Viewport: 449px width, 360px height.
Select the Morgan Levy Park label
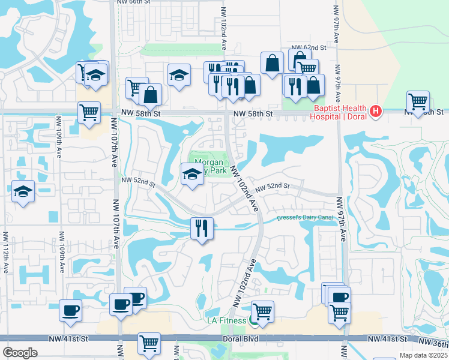tap(208, 166)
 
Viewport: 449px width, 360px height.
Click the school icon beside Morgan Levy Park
tap(191, 175)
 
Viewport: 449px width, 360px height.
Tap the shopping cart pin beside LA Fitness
tap(262, 311)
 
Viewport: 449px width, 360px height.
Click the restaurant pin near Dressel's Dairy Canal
tap(200, 228)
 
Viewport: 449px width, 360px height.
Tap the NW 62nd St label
tap(309, 47)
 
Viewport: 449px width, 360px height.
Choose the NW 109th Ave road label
tap(60, 143)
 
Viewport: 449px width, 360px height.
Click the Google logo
tap(20, 353)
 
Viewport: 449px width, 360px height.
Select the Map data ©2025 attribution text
tap(423, 355)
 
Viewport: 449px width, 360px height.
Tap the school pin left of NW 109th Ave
tap(23, 192)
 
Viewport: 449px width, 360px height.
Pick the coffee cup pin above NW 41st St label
tap(70, 310)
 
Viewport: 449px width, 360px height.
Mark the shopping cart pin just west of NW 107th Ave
tap(89, 112)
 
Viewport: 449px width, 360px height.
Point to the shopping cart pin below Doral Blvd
tap(149, 343)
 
